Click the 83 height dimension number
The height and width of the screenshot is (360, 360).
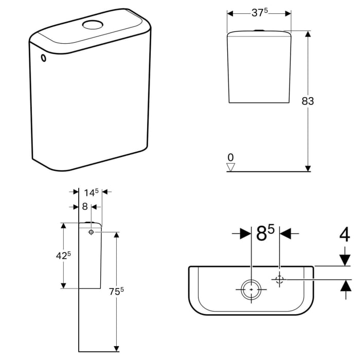[308, 101]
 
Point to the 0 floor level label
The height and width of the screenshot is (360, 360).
[230, 157]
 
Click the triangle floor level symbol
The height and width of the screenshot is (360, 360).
[231, 167]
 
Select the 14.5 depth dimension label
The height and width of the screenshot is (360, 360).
[91, 192]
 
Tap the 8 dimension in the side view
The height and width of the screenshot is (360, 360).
[84, 206]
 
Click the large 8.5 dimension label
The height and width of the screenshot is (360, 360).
[265, 234]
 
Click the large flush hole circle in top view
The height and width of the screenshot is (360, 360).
[251, 289]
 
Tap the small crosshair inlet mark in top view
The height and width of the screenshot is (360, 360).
[280, 280]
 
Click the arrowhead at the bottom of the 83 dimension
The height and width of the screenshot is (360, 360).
[308, 167]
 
